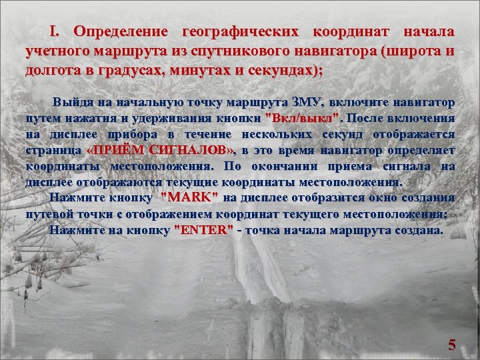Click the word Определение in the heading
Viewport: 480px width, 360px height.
click(x=123, y=32)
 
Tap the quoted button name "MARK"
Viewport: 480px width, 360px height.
click(x=189, y=198)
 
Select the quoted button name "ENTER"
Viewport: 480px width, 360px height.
click(x=203, y=230)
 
